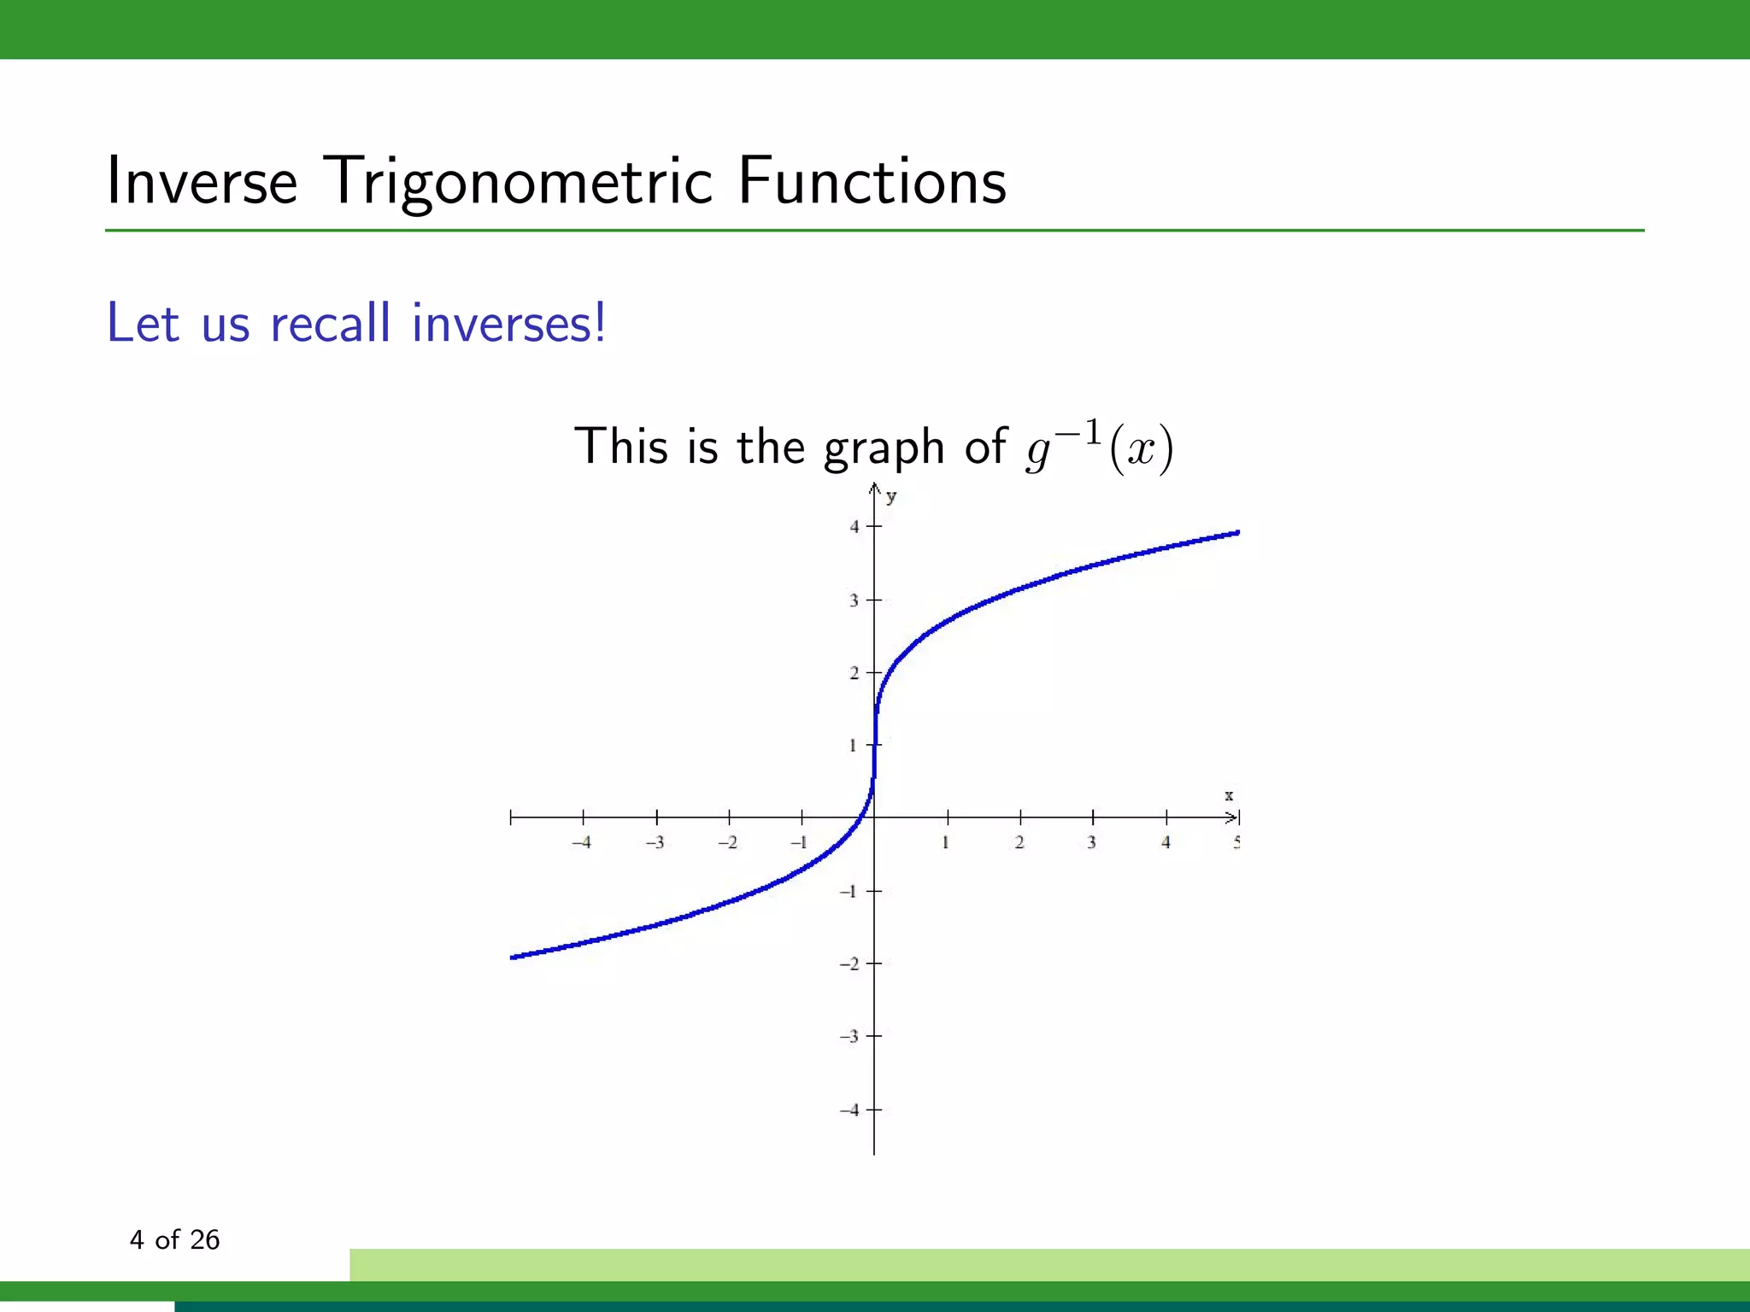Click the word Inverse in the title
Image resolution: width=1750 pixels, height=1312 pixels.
coord(202,181)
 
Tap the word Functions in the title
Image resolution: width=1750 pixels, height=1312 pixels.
coord(872,181)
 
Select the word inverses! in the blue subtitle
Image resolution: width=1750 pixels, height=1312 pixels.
coord(508,324)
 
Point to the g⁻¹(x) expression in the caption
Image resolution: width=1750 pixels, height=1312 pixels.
coord(1100,448)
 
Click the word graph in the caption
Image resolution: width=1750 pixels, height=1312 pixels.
coord(884,448)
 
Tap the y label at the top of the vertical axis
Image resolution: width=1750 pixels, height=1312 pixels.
coord(891,496)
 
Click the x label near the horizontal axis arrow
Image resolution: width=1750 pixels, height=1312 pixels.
coord(1229,795)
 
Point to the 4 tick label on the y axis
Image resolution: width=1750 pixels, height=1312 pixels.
coord(854,527)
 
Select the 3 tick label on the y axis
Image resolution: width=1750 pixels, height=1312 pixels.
coord(854,600)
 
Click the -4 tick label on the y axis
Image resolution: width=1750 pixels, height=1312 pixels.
coord(849,1110)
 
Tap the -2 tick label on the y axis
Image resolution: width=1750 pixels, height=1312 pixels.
coord(849,964)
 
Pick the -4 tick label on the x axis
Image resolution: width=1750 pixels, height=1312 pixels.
coord(581,843)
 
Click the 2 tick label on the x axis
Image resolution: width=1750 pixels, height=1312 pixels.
coord(1019,843)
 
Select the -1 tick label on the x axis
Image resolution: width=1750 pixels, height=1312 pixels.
coord(799,843)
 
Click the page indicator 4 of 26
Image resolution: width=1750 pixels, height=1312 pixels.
coord(174,1239)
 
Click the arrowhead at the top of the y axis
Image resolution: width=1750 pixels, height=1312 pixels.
coord(874,488)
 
